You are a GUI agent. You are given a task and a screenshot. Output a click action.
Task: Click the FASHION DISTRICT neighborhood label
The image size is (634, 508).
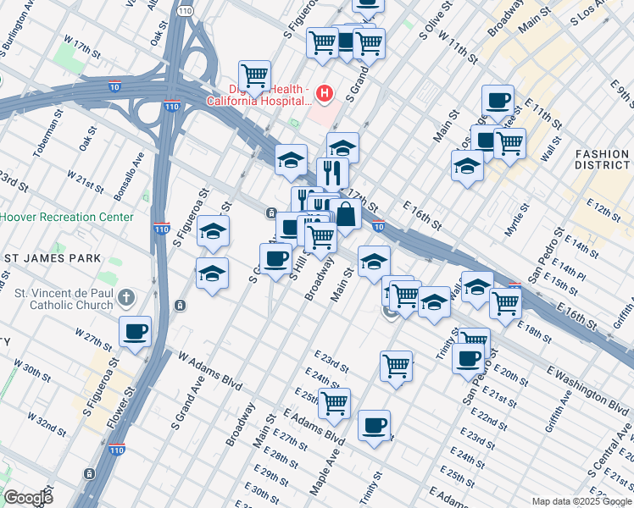tap(602, 161)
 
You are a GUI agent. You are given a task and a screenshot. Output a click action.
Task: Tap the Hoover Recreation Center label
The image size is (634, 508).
tap(66, 217)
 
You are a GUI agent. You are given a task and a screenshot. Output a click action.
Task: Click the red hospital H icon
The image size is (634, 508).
tap(323, 92)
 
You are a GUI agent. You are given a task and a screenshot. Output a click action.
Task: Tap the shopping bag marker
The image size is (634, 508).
tap(346, 214)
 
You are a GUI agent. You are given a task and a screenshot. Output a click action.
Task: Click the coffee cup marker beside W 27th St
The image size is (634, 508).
tap(136, 332)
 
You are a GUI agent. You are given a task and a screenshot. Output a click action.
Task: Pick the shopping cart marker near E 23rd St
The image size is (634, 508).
tap(396, 367)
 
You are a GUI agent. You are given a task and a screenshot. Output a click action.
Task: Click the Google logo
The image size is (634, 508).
tap(27, 498)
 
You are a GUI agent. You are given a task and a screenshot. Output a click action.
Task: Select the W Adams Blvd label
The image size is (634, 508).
tap(204, 371)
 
